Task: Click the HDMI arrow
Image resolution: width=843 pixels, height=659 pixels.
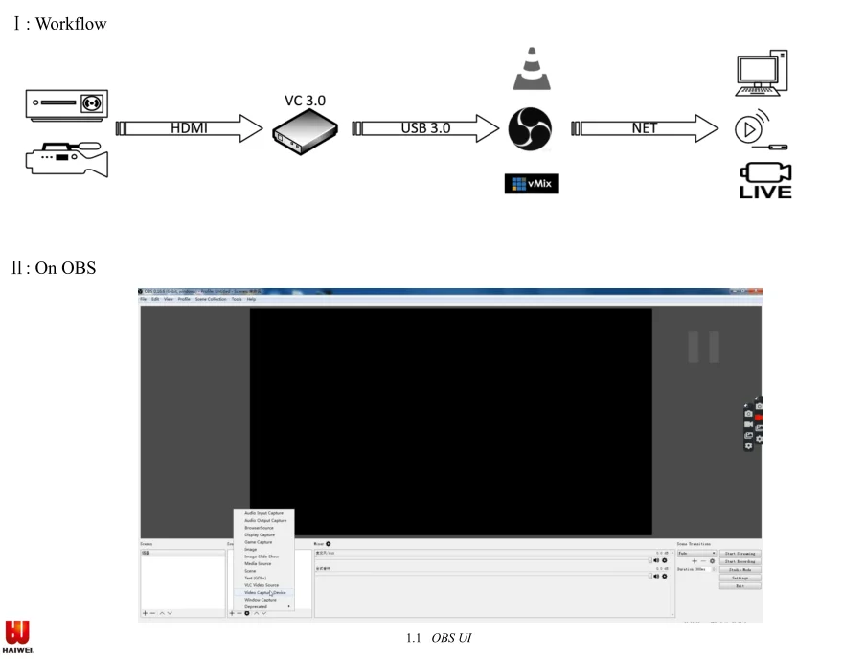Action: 189,128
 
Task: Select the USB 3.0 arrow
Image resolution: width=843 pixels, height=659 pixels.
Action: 426,128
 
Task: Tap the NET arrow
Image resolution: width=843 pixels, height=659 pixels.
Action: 645,128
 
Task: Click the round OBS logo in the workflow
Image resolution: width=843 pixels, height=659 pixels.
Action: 531,128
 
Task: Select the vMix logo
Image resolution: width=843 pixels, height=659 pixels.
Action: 531,183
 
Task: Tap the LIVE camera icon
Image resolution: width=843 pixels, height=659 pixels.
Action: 764,179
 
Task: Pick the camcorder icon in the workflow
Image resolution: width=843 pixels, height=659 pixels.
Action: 66,159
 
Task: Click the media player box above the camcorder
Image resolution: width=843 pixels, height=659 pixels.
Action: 66,103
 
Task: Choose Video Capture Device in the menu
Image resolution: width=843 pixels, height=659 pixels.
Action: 264,592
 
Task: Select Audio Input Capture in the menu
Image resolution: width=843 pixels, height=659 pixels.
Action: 263,513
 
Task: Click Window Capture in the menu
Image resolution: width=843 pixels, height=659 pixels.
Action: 260,600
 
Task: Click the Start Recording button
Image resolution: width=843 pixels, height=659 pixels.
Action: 740,561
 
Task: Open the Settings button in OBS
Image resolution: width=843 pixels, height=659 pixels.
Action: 740,578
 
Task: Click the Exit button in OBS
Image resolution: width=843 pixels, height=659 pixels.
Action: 740,586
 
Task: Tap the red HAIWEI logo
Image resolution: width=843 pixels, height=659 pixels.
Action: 17,636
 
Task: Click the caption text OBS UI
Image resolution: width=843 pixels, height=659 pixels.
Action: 451,638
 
